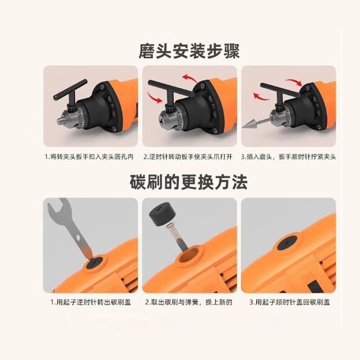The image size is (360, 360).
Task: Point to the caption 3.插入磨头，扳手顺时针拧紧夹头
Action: tap(288, 157)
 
